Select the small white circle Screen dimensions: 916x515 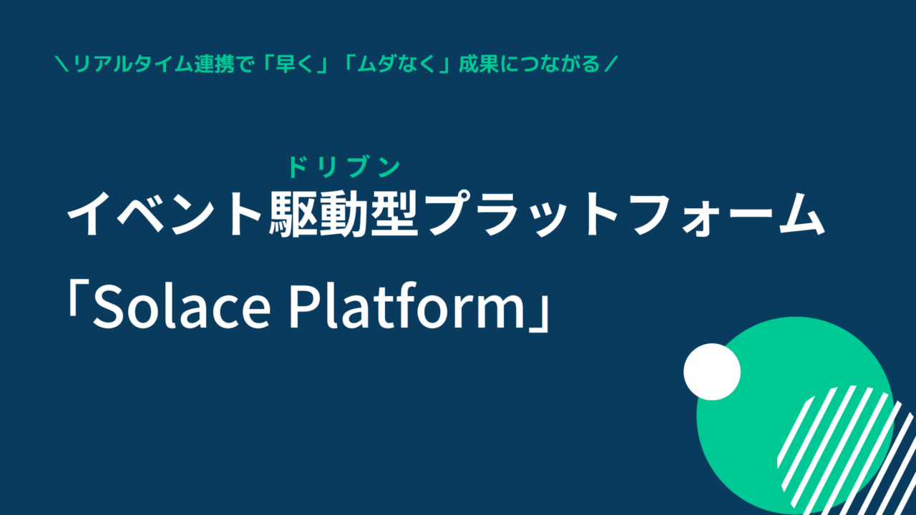coord(712,371)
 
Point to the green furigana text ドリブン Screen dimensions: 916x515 coord(344,167)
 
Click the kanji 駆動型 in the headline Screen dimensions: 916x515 coord(343,214)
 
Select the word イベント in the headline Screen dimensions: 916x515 coord(165,214)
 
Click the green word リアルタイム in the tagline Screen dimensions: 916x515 coord(133,64)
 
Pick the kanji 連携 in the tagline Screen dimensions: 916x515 coord(214,64)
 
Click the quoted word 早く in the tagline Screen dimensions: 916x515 coord(294,64)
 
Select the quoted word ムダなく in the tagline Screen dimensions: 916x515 coord(396,64)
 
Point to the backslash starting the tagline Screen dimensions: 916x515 coord(62,64)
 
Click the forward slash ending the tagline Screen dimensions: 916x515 coord(611,64)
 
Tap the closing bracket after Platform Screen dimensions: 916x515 coord(540,314)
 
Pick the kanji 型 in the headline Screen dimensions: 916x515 coord(394,214)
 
